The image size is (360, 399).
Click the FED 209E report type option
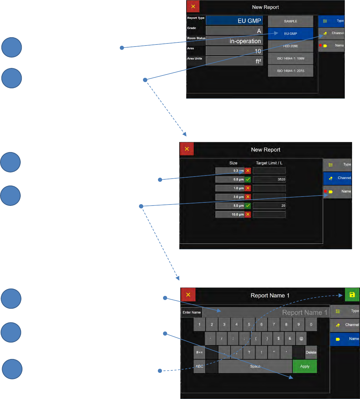click(290, 46)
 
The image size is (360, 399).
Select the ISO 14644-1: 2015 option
click(290, 71)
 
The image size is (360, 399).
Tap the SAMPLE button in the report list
click(290, 21)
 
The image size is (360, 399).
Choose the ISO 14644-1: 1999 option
click(290, 59)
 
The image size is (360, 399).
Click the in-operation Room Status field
click(234, 41)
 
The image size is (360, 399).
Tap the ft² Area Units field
click(234, 61)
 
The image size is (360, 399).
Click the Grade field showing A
click(234, 31)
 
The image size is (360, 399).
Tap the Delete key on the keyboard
click(311, 352)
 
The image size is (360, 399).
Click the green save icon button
click(352, 295)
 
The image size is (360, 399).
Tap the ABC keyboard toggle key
click(199, 366)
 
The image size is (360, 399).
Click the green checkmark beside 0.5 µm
click(248, 179)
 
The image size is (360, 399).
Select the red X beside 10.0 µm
click(248, 215)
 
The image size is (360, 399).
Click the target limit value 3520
click(269, 179)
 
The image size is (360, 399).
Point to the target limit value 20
click(269, 206)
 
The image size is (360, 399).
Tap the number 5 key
click(249, 325)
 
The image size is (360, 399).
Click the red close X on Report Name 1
click(188, 295)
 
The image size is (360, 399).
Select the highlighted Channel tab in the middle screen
click(337, 178)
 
